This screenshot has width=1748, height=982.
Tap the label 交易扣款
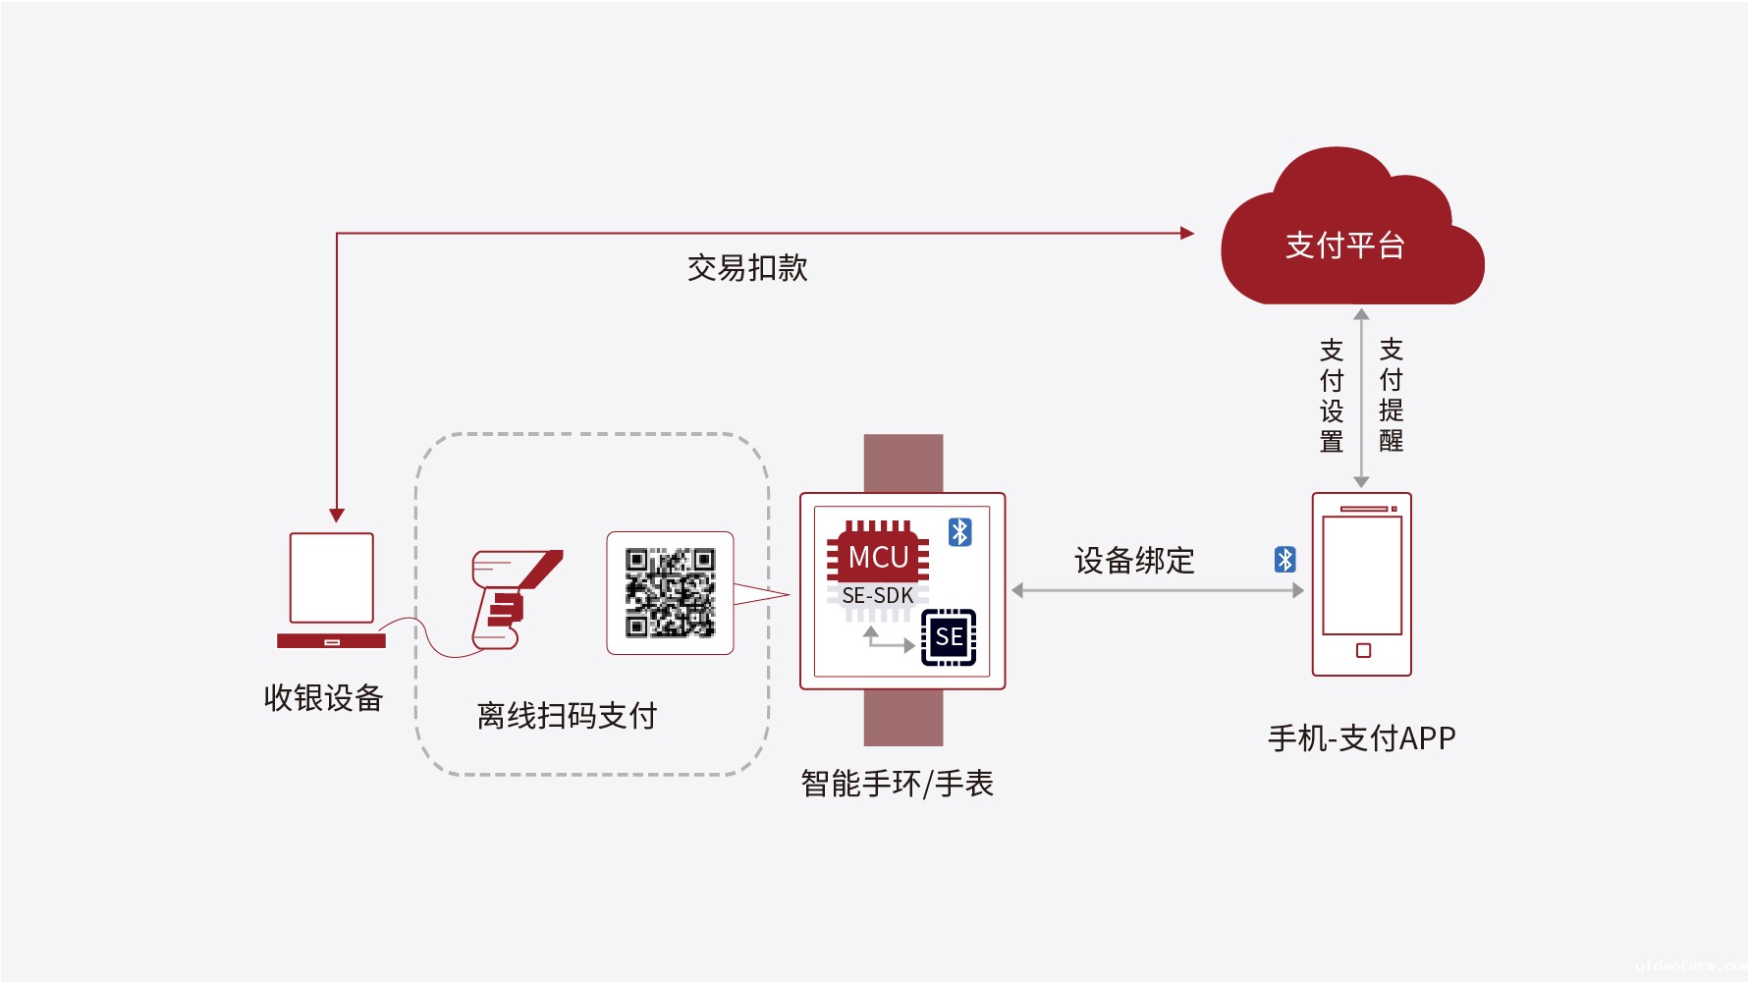[746, 267]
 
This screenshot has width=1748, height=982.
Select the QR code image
[670, 592]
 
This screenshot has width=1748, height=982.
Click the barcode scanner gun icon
[510, 599]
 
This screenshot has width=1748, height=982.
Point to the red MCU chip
[878, 556]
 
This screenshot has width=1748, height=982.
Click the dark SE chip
[949, 637]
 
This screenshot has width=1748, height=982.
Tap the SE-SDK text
[878, 596]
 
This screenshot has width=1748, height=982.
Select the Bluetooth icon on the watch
[959, 532]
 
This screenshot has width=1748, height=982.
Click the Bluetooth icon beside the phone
[1284, 560]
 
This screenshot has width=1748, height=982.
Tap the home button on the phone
[1363, 650]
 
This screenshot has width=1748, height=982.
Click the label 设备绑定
[1134, 561]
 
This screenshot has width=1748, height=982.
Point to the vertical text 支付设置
[1332, 396]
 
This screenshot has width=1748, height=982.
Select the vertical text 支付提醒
[1391, 396]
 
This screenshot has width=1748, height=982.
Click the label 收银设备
[323, 697]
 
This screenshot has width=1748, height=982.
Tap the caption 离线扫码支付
[567, 716]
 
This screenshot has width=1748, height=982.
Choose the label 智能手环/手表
[897, 784]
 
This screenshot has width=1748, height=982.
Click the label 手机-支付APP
[1361, 737]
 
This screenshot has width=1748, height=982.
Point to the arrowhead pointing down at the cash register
[337, 516]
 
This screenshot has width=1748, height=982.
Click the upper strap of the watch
[903, 463]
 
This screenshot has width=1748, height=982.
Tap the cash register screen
[332, 577]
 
